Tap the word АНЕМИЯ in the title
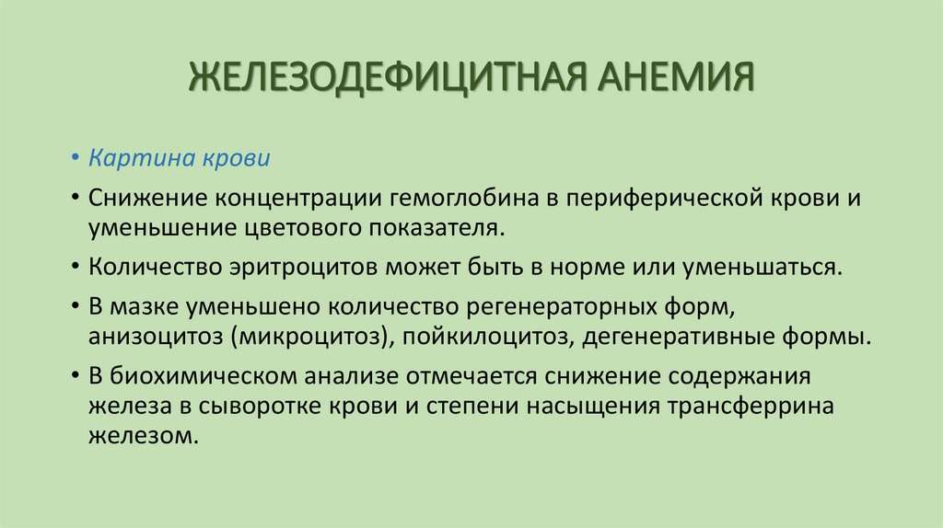coord(675,76)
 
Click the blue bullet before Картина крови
coord(76,158)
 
